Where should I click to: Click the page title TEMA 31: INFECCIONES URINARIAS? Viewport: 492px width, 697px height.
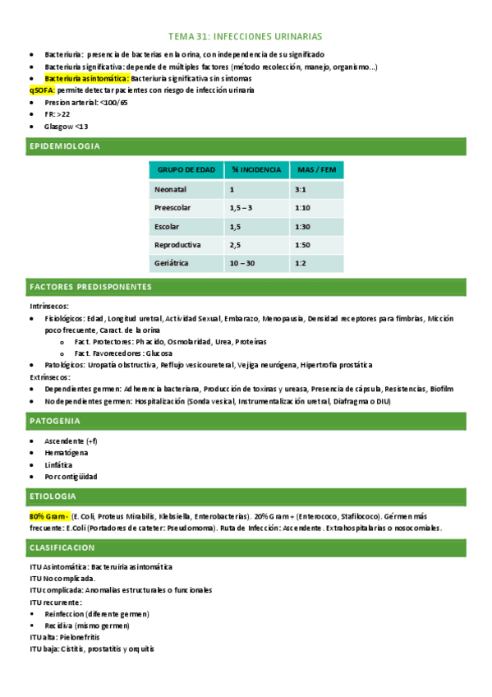(x=246, y=37)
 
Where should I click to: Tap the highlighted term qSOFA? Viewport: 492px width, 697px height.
(x=42, y=90)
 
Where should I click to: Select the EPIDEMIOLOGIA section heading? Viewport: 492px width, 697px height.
(x=65, y=146)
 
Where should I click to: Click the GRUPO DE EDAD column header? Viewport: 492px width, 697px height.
(x=186, y=170)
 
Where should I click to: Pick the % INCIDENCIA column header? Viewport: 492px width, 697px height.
(x=255, y=170)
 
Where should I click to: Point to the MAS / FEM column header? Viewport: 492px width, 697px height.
(x=316, y=170)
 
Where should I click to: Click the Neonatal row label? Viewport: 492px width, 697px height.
(x=171, y=190)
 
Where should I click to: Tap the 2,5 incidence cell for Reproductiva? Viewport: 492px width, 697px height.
(x=236, y=245)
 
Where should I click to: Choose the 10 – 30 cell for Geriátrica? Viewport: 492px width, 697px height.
(x=243, y=263)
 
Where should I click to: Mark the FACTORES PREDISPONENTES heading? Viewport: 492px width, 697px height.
(x=90, y=287)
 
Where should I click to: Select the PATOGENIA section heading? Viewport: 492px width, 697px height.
(x=54, y=421)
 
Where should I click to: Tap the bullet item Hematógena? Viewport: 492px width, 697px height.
(x=67, y=453)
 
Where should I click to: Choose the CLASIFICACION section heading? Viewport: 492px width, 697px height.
(x=62, y=547)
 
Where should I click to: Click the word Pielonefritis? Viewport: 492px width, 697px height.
(x=80, y=637)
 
